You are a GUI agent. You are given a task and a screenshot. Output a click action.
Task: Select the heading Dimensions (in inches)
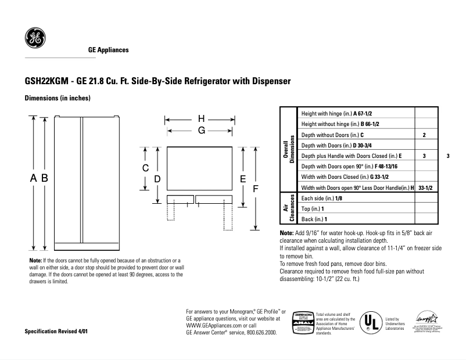tap(58, 99)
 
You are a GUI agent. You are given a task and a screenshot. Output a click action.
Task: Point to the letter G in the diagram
tap(201, 131)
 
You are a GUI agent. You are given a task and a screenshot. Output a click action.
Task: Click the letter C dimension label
tap(146, 168)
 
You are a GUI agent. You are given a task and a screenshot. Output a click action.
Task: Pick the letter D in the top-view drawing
tap(157, 179)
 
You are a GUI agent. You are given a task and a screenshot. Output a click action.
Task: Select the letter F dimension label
tap(254, 189)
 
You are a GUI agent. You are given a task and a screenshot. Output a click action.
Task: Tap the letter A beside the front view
tap(33, 179)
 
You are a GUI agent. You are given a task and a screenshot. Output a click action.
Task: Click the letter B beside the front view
tap(44, 179)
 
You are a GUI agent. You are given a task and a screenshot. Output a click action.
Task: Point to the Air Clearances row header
tap(288, 208)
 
